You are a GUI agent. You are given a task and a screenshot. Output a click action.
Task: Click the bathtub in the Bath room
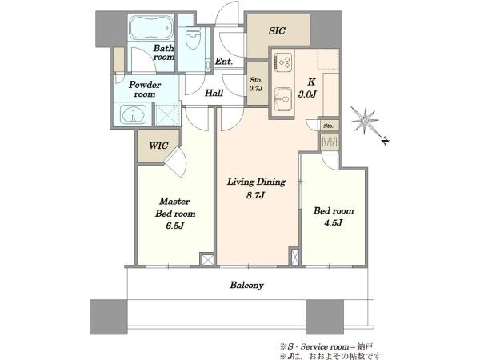click(151, 27)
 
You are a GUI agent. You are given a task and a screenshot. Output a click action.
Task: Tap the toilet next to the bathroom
click(193, 38)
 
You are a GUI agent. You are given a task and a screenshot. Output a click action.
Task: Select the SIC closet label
click(277, 30)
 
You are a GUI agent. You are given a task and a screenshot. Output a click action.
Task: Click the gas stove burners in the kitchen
click(283, 62)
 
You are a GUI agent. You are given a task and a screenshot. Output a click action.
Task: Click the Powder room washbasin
click(133, 114)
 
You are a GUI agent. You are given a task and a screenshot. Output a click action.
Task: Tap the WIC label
click(158, 146)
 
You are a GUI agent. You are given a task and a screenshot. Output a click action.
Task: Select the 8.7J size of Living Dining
click(255, 195)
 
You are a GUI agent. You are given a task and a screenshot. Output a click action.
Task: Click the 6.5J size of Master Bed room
click(175, 226)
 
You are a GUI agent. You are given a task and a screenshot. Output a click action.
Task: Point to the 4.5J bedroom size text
click(333, 223)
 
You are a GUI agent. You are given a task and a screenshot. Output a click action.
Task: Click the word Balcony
click(246, 286)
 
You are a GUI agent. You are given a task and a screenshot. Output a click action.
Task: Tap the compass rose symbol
click(364, 120)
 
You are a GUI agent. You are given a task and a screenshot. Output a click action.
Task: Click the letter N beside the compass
click(385, 141)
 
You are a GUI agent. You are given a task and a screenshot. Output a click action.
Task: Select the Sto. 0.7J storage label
click(256, 84)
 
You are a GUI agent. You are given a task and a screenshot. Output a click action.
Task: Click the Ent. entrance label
click(224, 62)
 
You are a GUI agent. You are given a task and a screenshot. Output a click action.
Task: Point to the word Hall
click(214, 93)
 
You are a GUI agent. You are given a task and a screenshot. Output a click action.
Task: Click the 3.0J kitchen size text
click(307, 94)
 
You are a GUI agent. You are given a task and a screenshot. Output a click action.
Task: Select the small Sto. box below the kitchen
click(329, 126)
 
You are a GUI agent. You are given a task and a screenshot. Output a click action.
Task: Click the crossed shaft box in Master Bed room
click(207, 260)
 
